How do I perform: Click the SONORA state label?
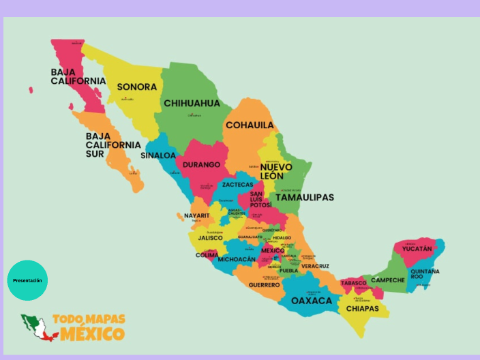[x=136, y=87]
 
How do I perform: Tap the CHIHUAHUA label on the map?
[x=192, y=104]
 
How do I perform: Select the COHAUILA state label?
[x=250, y=125]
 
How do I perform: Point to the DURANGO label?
[x=201, y=165]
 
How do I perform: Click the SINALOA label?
[x=158, y=155]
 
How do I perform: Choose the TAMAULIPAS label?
[x=305, y=197]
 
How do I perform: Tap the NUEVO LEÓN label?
[x=276, y=171]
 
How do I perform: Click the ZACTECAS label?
[x=237, y=185]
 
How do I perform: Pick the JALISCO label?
[x=211, y=238]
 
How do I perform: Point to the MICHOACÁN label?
[x=237, y=260]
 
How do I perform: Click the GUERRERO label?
[x=264, y=285]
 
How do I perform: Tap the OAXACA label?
[x=312, y=301]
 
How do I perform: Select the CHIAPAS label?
[x=362, y=309]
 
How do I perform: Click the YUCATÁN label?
[x=417, y=249]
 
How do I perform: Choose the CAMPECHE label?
[x=388, y=280]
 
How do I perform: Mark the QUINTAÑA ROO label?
[x=425, y=273]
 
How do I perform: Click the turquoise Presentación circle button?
[x=27, y=280]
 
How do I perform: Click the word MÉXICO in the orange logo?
[x=92, y=334]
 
